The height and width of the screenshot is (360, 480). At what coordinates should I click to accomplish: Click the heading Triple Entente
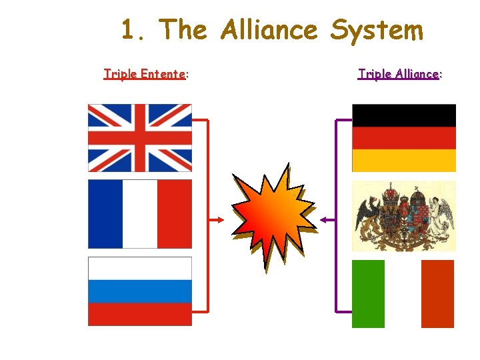coord(145,74)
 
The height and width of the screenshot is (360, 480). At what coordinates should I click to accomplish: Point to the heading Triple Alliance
coord(399,74)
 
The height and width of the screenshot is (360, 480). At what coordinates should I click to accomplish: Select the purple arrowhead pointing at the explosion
coord(323,219)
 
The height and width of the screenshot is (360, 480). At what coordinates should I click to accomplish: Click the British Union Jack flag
coord(140,137)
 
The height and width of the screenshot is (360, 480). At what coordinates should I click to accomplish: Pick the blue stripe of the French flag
coord(105,213)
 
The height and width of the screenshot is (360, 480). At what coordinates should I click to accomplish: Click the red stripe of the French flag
coord(175,213)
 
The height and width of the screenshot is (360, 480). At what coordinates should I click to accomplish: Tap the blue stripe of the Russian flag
coord(140,291)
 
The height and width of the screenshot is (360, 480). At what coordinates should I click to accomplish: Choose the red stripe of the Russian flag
coord(140,314)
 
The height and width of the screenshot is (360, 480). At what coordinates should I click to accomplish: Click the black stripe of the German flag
coord(404,115)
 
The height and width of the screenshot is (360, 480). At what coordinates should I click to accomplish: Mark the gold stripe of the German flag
coord(404,161)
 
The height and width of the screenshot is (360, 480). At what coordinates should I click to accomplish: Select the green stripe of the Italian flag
coord(368,294)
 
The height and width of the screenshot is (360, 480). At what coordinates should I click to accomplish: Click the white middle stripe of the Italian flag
coord(403,294)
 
